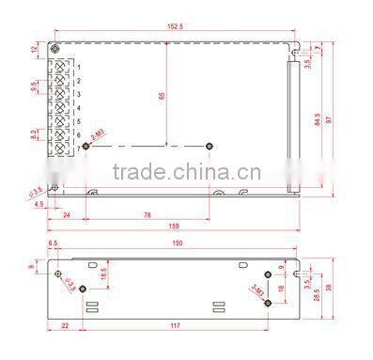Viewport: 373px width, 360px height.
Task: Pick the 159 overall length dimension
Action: click(175, 226)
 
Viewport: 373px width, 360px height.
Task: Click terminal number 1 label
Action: click(78, 66)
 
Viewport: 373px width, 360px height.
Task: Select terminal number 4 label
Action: click(78, 107)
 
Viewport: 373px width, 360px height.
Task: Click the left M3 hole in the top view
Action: click(85, 146)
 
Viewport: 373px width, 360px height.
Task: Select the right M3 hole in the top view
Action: click(208, 146)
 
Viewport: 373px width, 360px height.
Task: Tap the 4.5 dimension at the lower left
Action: click(38, 203)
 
